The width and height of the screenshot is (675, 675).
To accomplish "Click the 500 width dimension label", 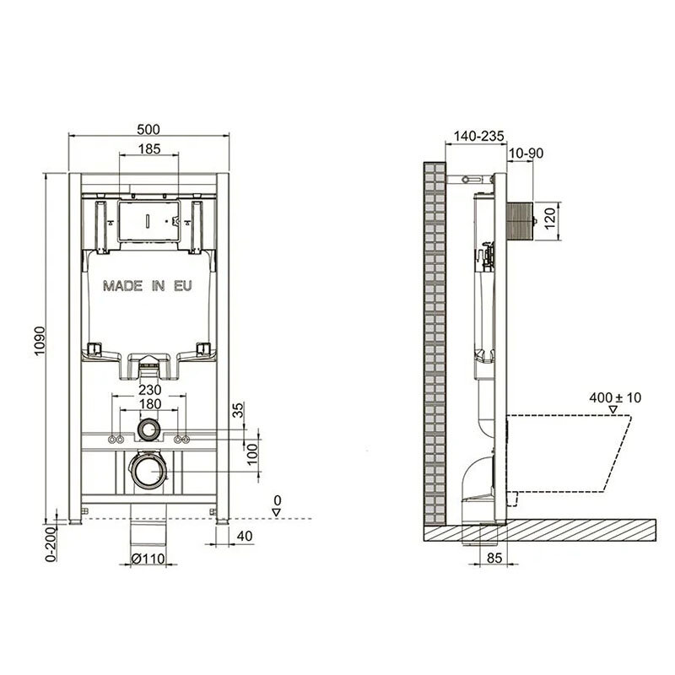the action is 148,129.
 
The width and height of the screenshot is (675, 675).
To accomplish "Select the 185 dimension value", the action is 149,149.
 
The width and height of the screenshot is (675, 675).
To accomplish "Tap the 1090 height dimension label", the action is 40,341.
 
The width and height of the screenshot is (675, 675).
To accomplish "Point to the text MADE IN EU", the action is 148,286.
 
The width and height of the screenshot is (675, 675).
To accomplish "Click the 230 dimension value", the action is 150,390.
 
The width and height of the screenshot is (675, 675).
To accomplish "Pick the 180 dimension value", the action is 150,404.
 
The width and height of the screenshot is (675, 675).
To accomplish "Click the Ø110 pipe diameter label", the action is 148,559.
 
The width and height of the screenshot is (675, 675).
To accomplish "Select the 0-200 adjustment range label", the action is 51,544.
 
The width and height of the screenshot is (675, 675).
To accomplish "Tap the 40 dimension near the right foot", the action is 245,536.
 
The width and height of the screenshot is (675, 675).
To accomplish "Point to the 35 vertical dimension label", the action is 238,410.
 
